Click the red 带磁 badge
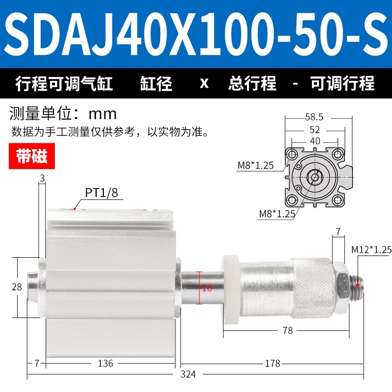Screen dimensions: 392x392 [32, 156]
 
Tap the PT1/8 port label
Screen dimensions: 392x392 [101, 193]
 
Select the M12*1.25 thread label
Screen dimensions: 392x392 [371, 249]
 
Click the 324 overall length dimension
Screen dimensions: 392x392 [188, 374]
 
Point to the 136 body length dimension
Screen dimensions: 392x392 [105, 363]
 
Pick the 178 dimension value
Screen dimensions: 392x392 [272, 363]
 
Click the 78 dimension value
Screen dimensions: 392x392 [288, 330]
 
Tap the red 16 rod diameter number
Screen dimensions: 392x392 [207, 288]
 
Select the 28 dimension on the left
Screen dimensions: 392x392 [17, 287]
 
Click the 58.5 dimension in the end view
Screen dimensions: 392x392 [314, 117]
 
